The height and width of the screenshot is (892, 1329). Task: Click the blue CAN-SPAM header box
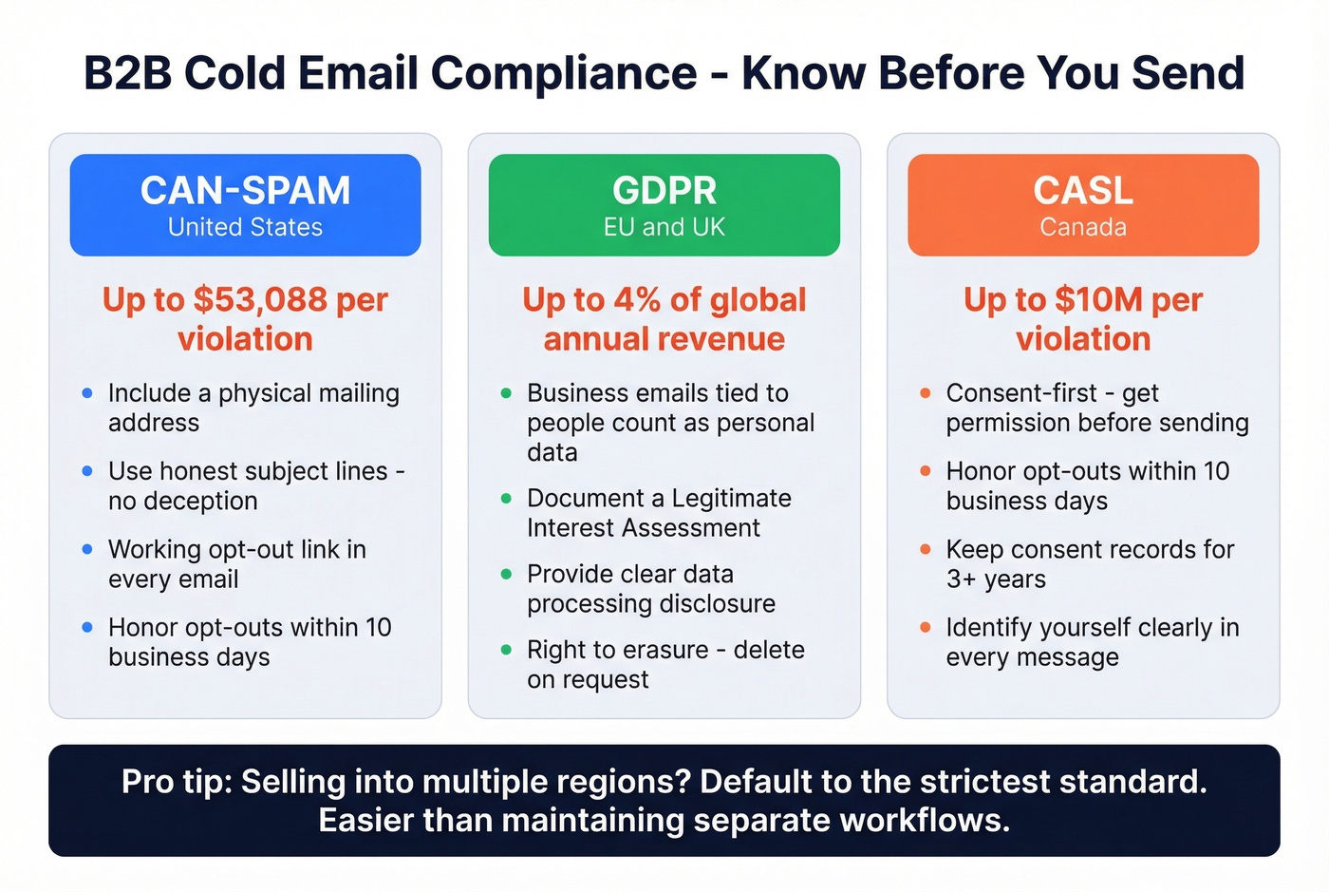tap(245, 204)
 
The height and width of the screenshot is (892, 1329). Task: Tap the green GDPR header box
tap(664, 204)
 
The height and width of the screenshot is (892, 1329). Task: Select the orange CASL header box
tap(1083, 204)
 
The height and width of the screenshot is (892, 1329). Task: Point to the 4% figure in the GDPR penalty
tap(637, 300)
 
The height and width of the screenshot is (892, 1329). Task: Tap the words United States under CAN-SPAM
tap(245, 228)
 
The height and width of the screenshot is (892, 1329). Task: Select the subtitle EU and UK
tap(664, 228)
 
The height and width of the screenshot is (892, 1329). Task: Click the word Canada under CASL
tap(1083, 228)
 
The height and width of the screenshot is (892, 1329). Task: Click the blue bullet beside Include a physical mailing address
tap(87, 393)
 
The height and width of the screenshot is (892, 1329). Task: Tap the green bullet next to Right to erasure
tap(506, 650)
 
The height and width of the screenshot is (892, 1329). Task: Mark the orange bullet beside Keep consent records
tap(926, 549)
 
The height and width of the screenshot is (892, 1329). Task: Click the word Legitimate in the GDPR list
tap(731, 499)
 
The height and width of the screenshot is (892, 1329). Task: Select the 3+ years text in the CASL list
tap(996, 579)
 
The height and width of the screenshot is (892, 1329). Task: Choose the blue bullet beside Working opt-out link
tap(87, 549)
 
